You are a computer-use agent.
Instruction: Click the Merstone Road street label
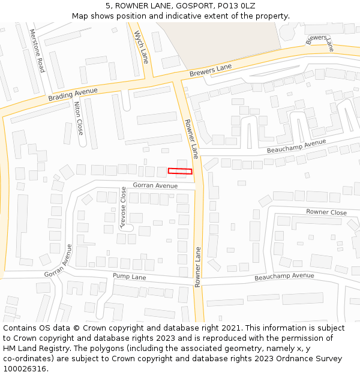coord(37,50)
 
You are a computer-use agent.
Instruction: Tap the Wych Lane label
coord(141,47)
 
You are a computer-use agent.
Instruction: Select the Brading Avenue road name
coord(73,94)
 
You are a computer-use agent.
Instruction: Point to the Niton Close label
coord(79,118)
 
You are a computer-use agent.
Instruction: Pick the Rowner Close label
coord(326,212)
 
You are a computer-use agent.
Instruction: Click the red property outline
coord(180,171)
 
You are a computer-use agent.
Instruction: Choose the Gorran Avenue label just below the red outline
coord(155,186)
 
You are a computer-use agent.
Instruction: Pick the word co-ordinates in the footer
coord(27,359)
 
